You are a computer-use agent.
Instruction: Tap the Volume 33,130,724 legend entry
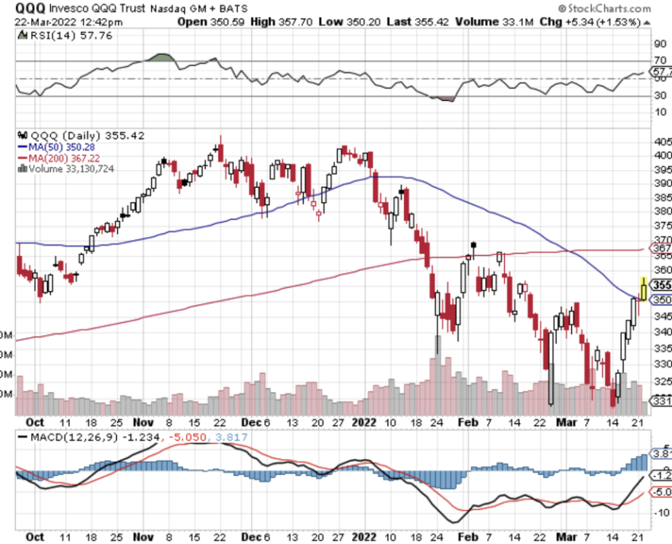point(68,169)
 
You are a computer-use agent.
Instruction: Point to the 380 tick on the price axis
point(660,212)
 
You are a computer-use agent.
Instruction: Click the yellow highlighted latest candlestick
point(643,286)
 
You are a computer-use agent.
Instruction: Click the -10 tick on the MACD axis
point(659,513)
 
